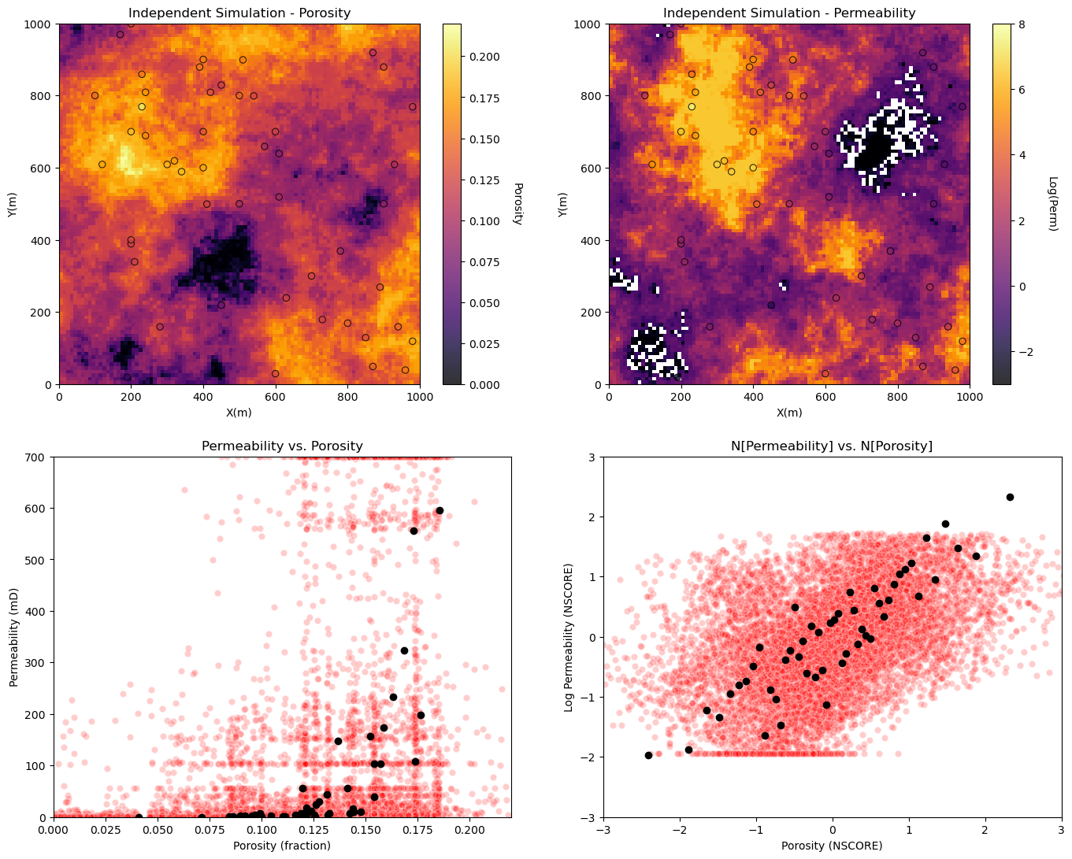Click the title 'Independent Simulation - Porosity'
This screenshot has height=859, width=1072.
point(239,13)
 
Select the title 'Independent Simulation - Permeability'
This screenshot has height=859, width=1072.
point(789,13)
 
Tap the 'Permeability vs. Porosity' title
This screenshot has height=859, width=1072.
point(282,446)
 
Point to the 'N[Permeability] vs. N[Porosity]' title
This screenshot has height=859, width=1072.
point(832,446)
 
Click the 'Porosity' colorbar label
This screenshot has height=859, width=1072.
point(517,204)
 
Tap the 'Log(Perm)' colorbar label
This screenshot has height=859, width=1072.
point(1053,204)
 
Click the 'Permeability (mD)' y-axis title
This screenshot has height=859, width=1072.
point(14,638)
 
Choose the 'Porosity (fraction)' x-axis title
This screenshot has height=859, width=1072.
point(282,845)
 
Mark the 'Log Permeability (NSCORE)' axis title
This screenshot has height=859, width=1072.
point(569,638)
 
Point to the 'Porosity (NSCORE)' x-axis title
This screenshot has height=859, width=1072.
point(832,845)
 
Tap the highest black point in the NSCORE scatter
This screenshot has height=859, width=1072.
point(1010,497)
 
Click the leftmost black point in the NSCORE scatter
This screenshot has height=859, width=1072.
point(648,755)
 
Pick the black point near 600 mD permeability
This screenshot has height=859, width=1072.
point(440,510)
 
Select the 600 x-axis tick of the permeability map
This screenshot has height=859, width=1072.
point(825,397)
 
